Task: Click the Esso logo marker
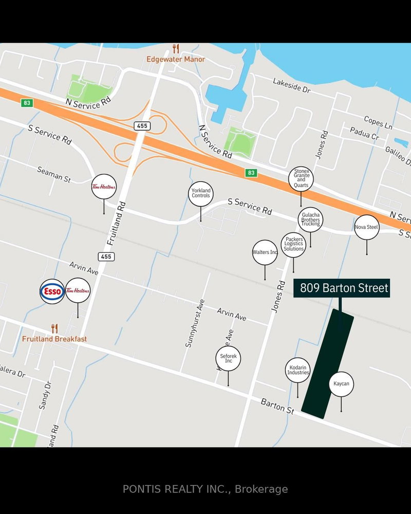(52, 291)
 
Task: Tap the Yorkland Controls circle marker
(200, 194)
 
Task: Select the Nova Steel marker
(367, 227)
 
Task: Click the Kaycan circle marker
(341, 384)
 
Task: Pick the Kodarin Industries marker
(298, 370)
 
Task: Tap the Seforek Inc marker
(229, 358)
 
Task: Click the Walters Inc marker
(265, 252)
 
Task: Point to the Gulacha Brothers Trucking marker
(310, 219)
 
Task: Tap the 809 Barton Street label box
(342, 288)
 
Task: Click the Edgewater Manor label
(176, 59)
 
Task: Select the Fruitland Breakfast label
(54, 339)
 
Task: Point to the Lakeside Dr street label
(292, 85)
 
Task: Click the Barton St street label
(277, 407)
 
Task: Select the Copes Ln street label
(378, 122)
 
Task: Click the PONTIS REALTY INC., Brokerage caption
(206, 489)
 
